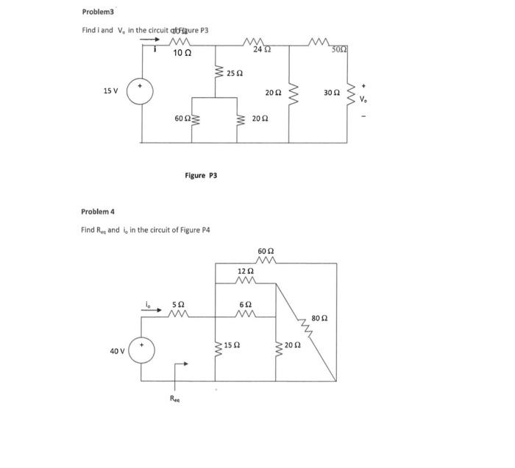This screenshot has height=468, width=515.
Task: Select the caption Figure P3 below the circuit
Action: (199, 175)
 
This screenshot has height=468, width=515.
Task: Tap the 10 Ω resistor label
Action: (182, 53)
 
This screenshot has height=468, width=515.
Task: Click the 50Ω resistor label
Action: (339, 49)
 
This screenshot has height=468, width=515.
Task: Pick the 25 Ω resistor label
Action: (235, 74)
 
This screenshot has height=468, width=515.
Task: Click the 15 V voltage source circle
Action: (140, 92)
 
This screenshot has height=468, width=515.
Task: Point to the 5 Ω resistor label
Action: (178, 303)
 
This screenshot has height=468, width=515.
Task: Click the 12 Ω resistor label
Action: (246, 272)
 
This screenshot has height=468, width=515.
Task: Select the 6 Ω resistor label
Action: (247, 304)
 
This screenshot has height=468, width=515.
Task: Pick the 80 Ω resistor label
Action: (319, 318)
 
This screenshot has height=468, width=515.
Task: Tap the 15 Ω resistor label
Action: (232, 344)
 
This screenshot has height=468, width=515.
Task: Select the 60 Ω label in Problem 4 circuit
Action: (266, 252)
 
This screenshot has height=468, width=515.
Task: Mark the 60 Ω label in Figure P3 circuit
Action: (182, 118)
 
